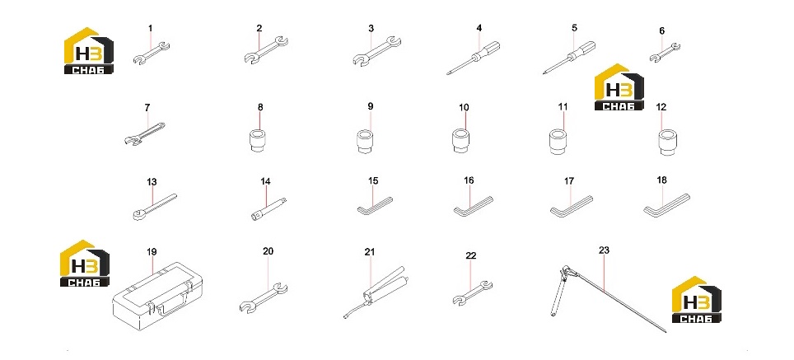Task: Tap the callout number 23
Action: tap(604, 250)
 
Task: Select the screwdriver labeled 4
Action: tap(474, 58)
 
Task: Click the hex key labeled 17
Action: tap(571, 206)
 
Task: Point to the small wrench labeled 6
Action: tap(665, 54)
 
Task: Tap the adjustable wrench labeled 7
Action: tap(144, 133)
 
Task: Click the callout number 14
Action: tap(265, 181)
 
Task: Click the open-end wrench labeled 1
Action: tap(151, 54)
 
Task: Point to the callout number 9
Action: tap(370, 106)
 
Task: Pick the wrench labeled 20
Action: tap(263, 298)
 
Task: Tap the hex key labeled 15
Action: tap(374, 206)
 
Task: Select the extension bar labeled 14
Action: tap(269, 208)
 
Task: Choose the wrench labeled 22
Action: tap(472, 293)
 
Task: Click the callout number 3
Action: tap(371, 28)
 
